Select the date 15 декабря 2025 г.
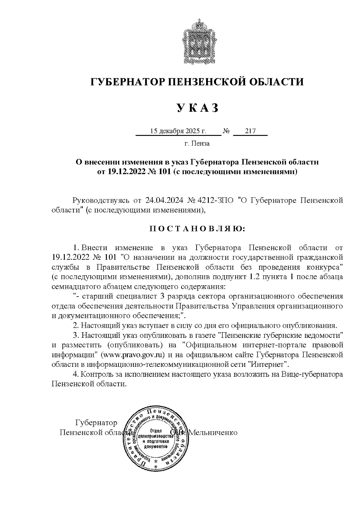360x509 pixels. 178,131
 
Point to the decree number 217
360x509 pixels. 250,131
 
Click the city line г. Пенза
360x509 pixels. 197,144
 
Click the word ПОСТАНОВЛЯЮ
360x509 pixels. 197,229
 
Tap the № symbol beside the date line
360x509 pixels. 226,131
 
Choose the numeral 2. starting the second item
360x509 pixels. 76,326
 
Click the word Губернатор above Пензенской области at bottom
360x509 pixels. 96,423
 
